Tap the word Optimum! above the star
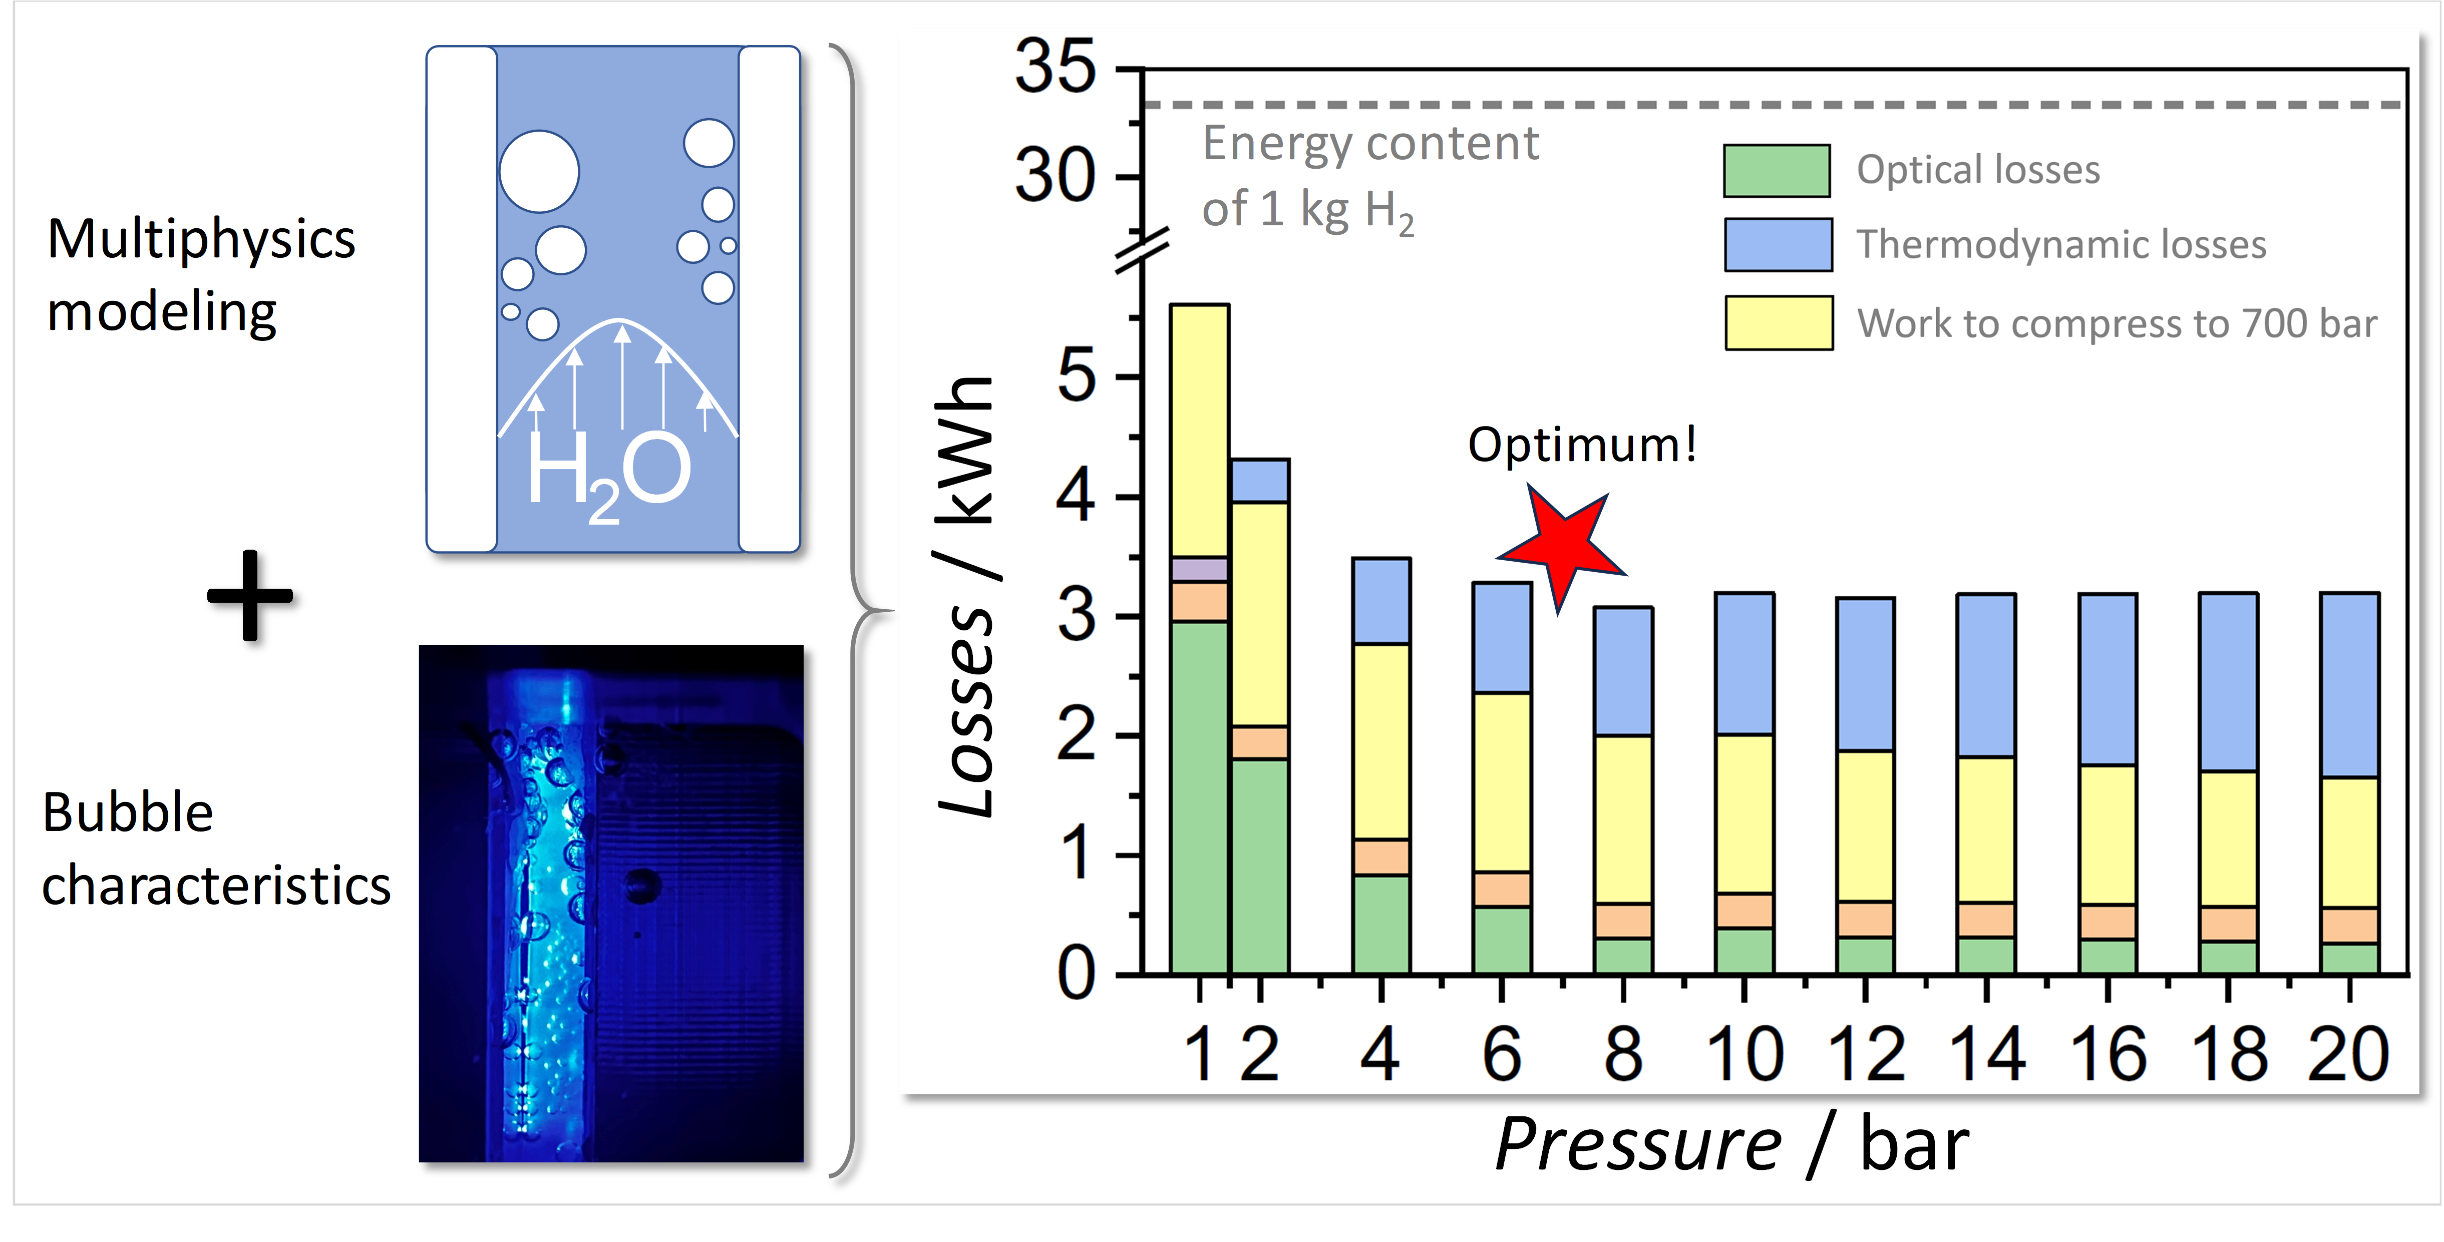tap(1582, 444)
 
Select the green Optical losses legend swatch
tap(1776, 171)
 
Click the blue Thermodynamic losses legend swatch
tap(1778, 245)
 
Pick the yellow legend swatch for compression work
tap(1778, 322)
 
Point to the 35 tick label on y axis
tap(1055, 68)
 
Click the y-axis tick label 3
tap(1077, 617)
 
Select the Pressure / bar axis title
tap(1731, 1145)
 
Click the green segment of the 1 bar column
tap(1199, 797)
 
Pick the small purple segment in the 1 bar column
tap(1199, 568)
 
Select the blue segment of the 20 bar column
tap(2349, 684)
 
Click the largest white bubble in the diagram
tap(539, 172)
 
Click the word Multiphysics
tap(201, 239)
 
